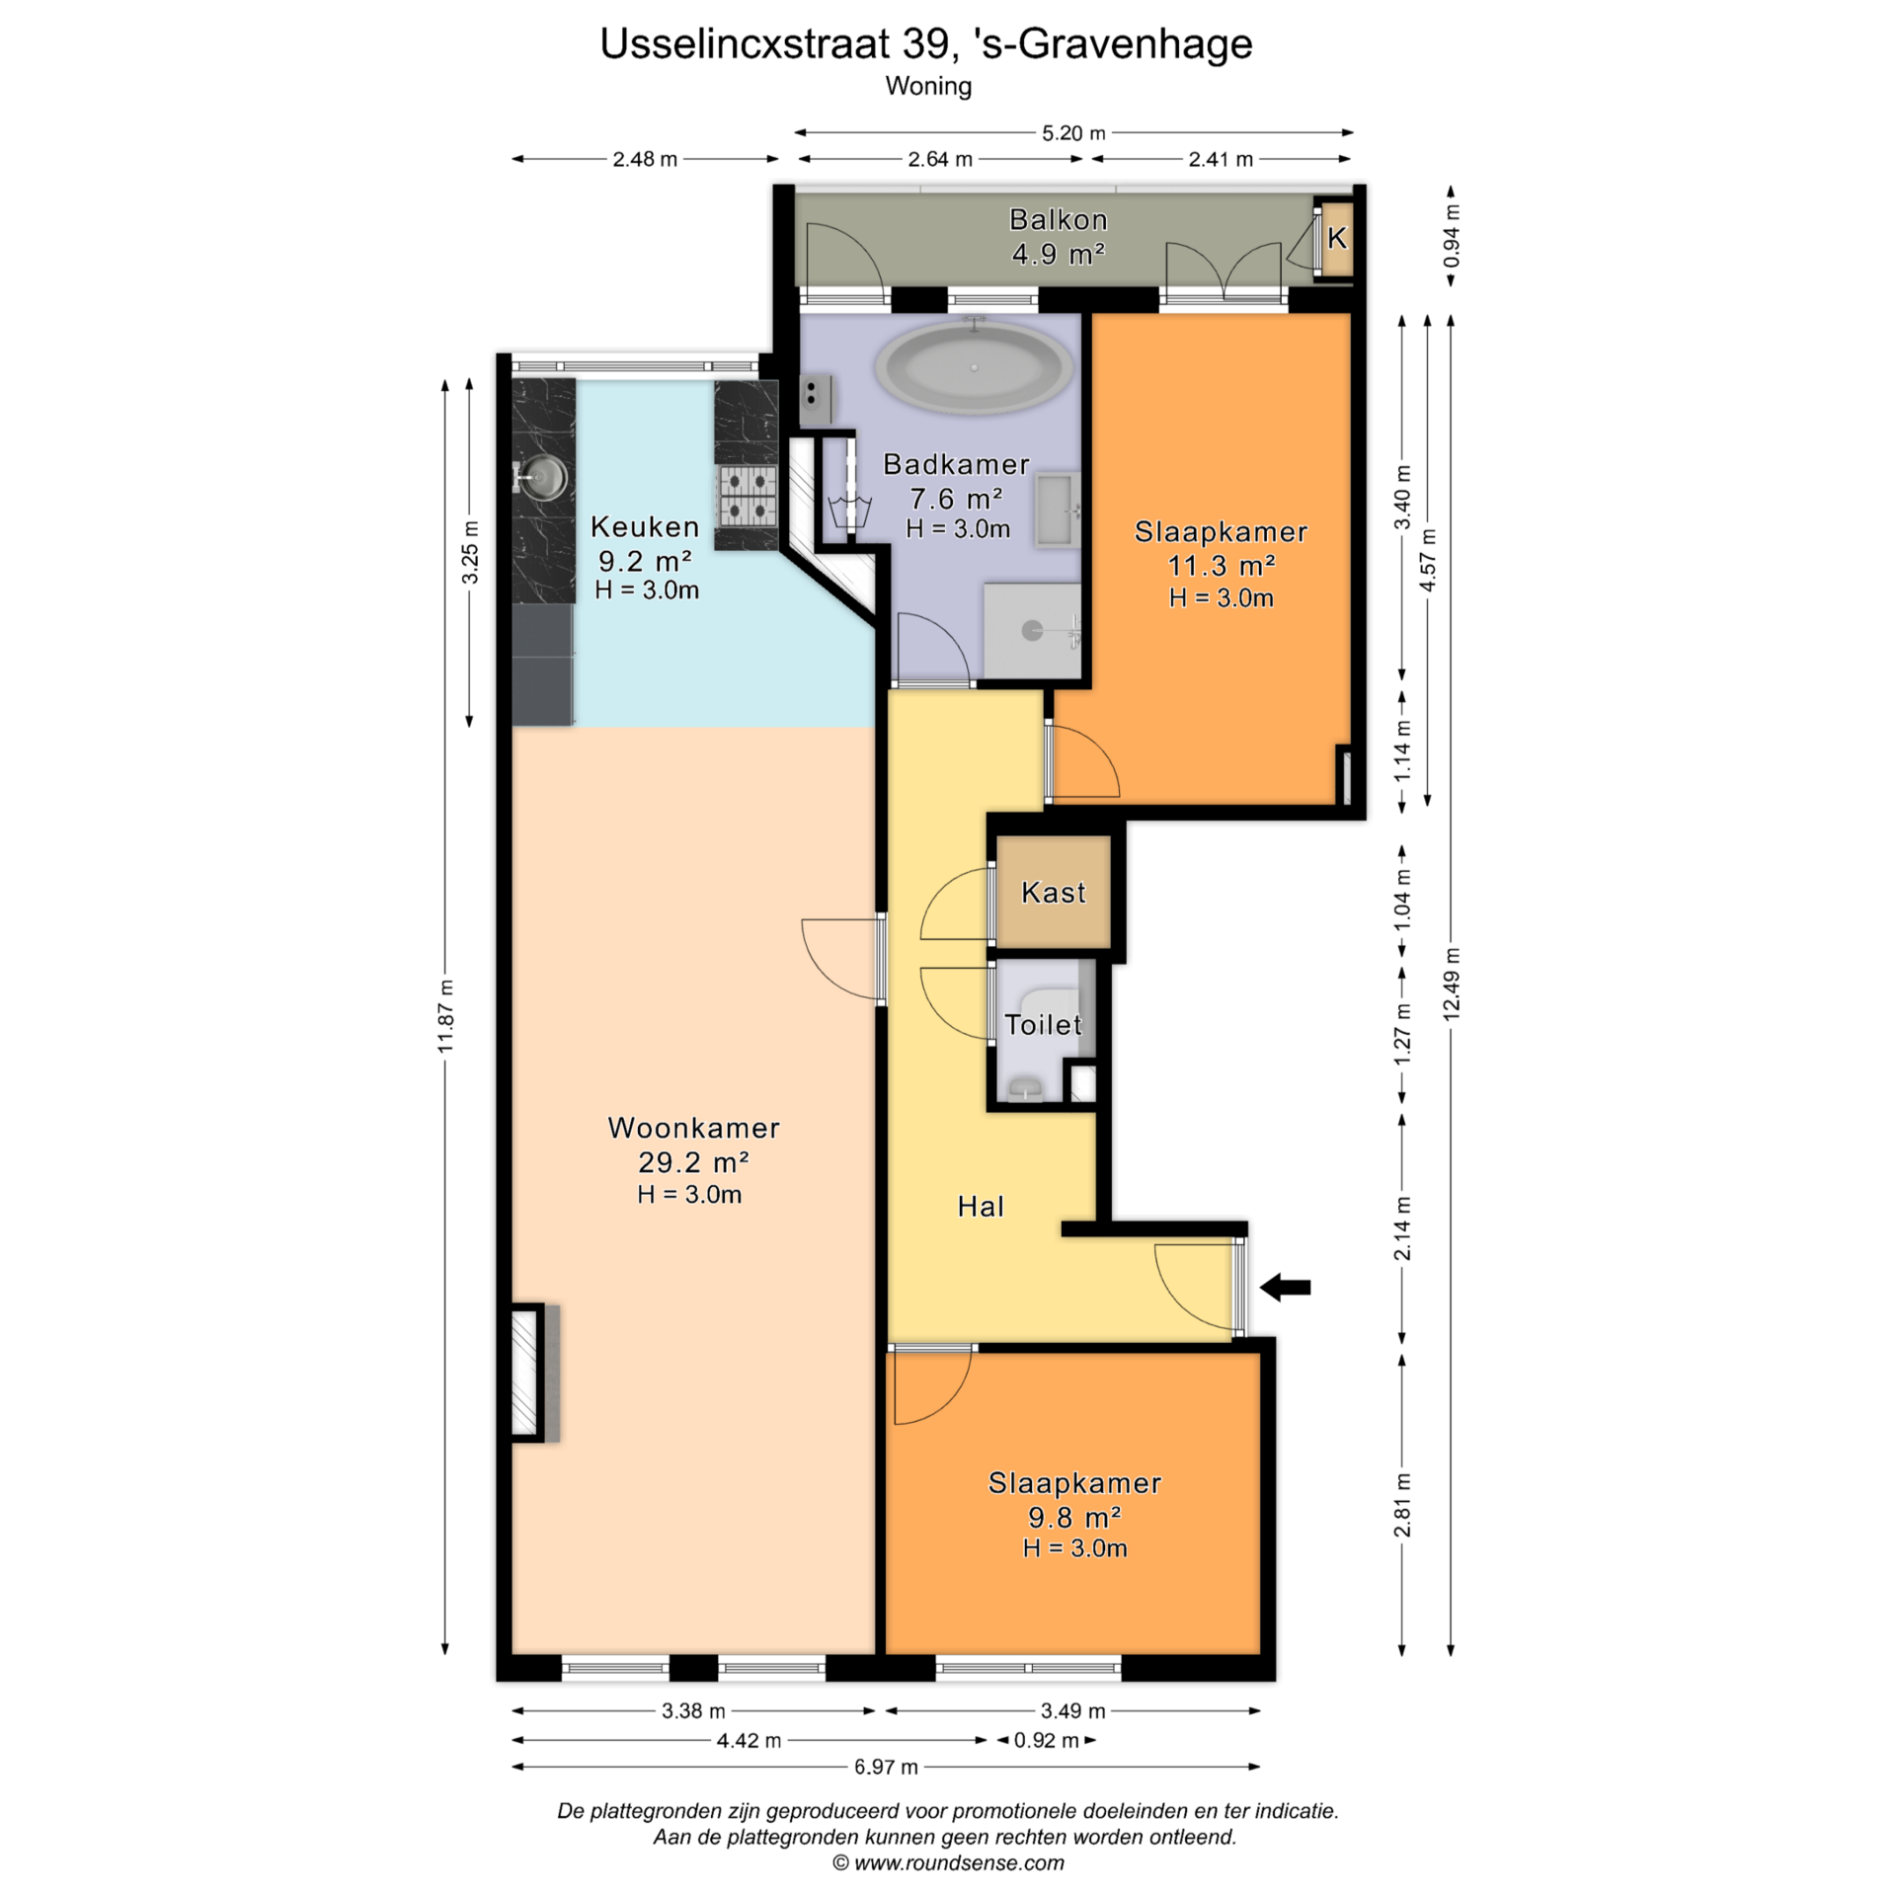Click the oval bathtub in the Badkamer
point(974,367)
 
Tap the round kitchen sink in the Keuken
point(543,478)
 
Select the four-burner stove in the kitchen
point(747,496)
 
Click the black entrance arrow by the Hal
point(1285,1287)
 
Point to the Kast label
point(1053,893)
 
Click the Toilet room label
point(1043,1024)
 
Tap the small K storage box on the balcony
point(1337,238)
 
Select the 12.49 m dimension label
point(1451,984)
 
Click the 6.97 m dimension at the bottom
point(886,1767)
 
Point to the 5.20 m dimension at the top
point(1073,132)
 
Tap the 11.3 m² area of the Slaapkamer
point(1222,565)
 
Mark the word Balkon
point(1058,219)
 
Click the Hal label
point(981,1206)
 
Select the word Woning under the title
point(928,86)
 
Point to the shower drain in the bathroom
point(1032,630)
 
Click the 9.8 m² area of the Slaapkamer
point(1074,1517)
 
